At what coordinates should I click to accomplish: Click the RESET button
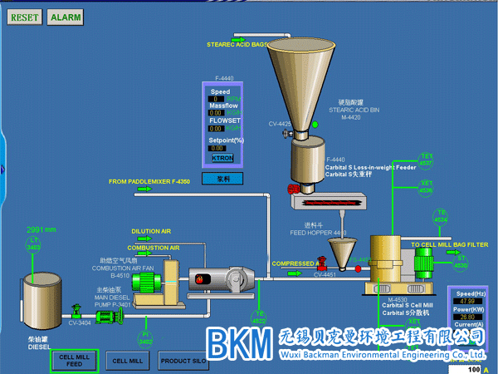click(x=25, y=17)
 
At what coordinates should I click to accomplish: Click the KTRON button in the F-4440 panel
click(x=222, y=158)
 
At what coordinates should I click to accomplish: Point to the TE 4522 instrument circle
click(x=259, y=316)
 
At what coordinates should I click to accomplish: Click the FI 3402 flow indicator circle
click(x=146, y=337)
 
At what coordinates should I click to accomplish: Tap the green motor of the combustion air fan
click(x=149, y=281)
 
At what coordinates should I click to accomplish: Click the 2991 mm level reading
click(x=41, y=229)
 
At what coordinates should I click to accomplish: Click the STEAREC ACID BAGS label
click(x=237, y=44)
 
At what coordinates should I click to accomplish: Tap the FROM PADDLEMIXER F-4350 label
click(x=149, y=180)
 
